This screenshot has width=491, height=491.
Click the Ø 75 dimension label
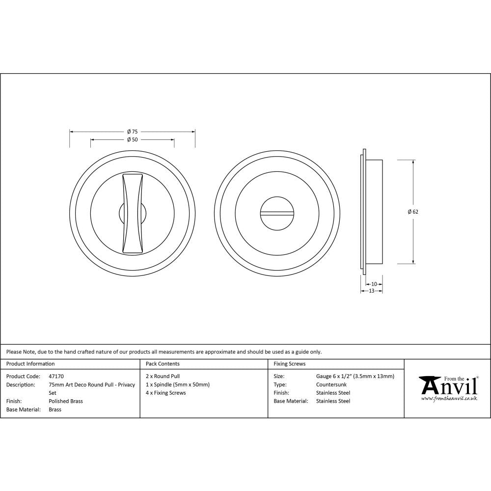click(132, 132)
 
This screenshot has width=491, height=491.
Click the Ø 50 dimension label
click(132, 139)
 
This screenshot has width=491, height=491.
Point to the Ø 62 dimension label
click(413, 212)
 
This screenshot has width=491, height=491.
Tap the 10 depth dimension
click(374, 284)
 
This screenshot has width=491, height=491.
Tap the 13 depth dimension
click(371, 291)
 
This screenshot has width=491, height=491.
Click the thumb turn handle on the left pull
click(133, 214)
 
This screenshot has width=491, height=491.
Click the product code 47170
click(56, 376)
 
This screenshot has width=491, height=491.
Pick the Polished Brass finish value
click(66, 401)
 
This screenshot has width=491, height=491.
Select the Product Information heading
click(30, 364)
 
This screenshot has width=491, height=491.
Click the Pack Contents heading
click(163, 364)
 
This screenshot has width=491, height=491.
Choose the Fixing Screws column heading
click(289, 364)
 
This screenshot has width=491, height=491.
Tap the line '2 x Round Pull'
click(163, 376)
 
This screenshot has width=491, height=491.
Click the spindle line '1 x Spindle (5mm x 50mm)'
click(177, 384)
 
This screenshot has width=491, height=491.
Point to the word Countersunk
click(331, 384)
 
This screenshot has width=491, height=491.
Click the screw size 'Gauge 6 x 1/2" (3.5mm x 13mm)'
click(355, 376)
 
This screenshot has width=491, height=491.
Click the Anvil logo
click(448, 386)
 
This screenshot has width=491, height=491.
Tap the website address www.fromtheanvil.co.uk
click(449, 399)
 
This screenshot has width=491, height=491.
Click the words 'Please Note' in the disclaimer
click(20, 352)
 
